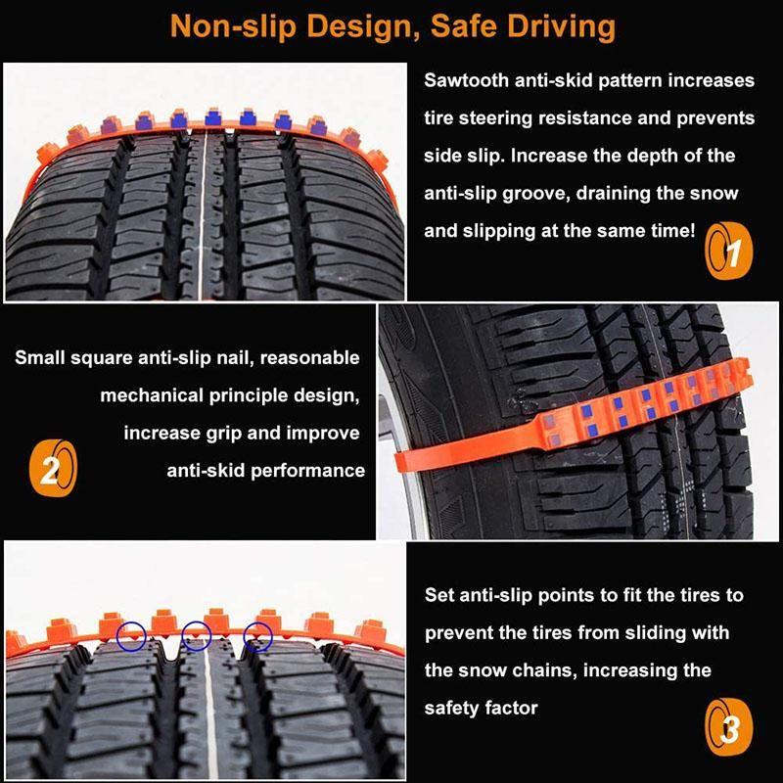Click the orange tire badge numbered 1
(x=728, y=251)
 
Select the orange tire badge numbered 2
(x=53, y=468)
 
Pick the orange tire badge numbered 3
(x=728, y=727)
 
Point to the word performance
(x=307, y=471)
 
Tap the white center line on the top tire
(x=203, y=214)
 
